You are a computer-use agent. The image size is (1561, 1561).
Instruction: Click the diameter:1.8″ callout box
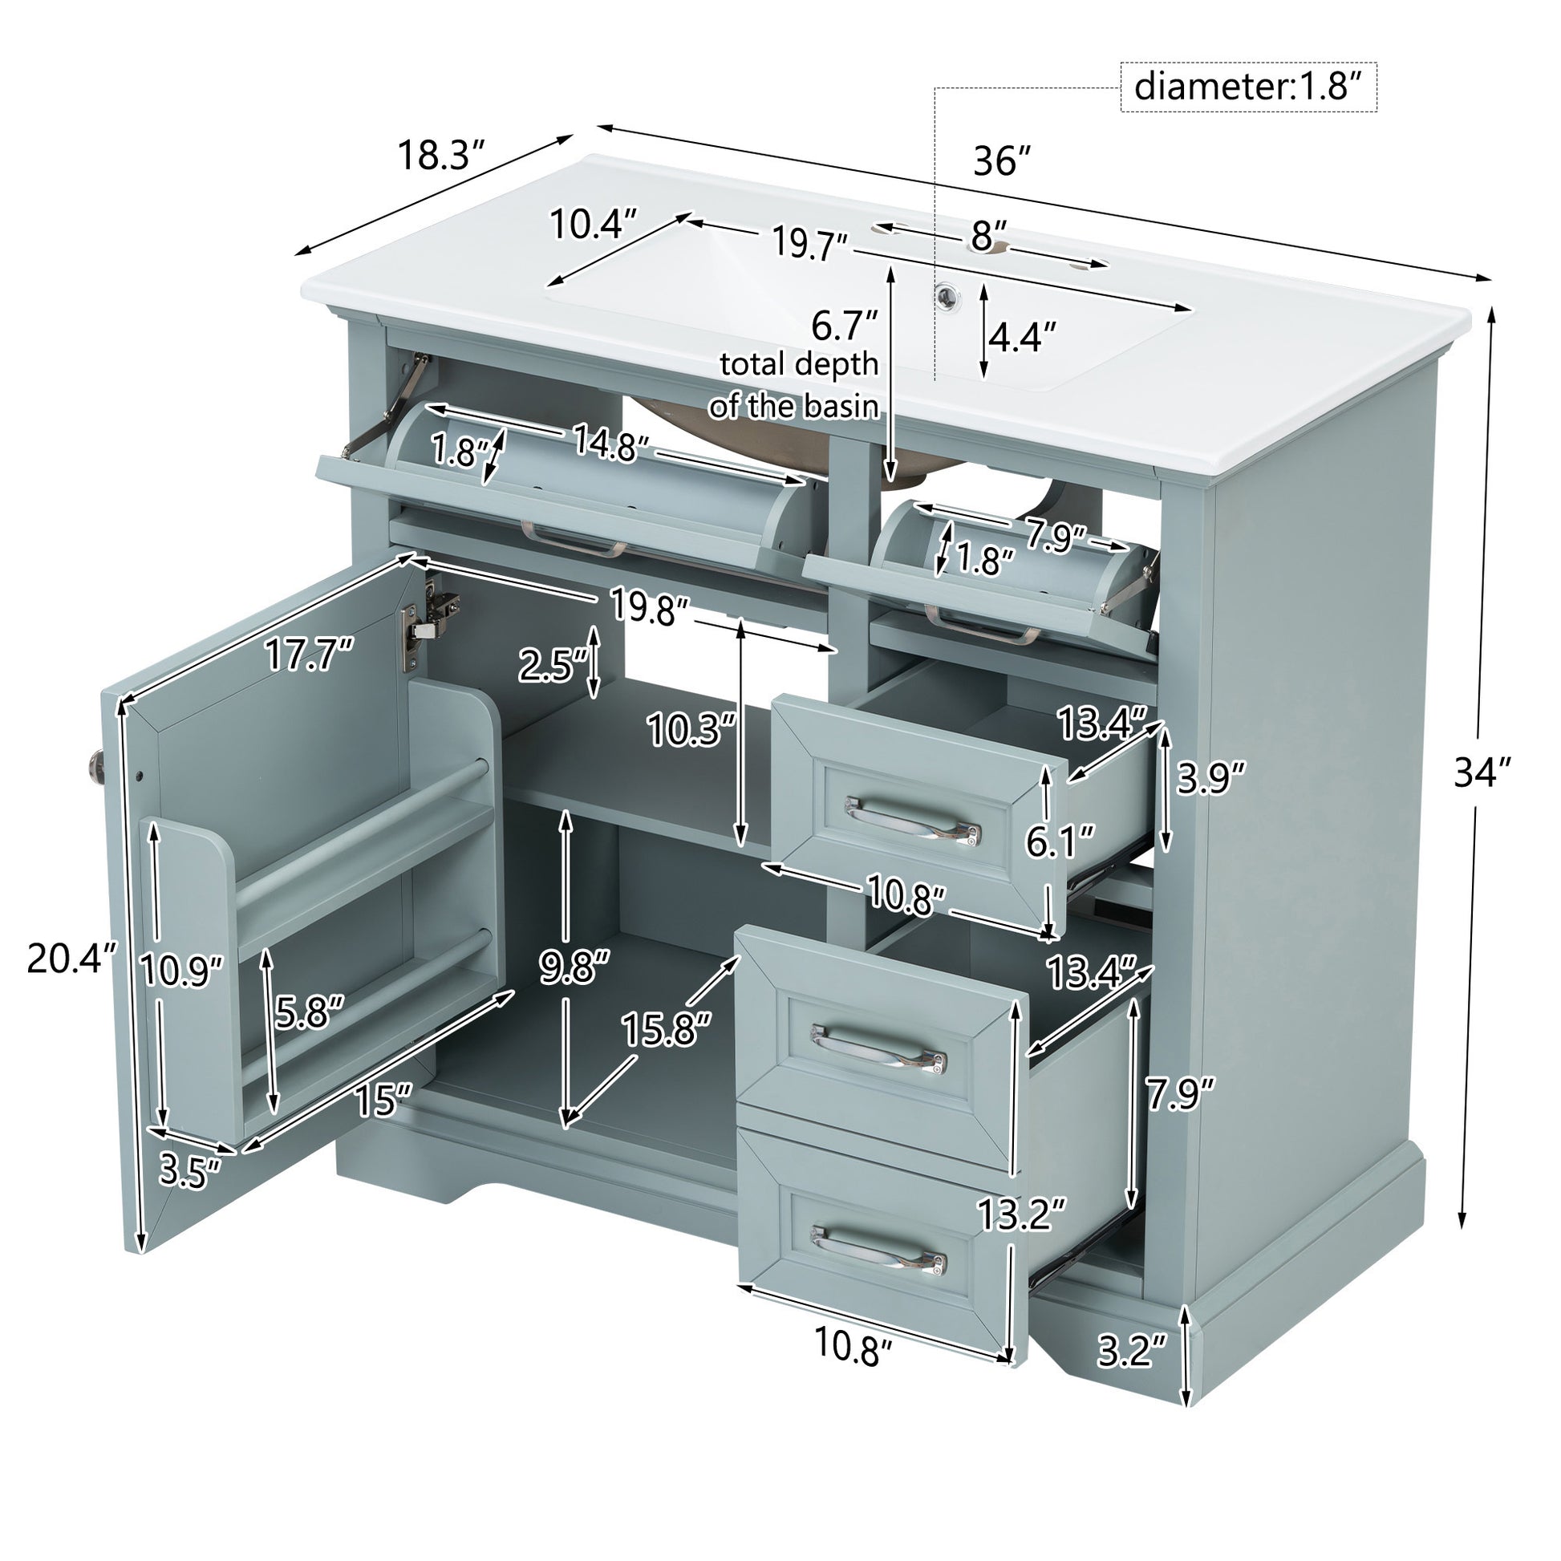[x=1248, y=87]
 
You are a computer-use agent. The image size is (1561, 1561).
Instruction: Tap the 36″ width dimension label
[x=1003, y=160]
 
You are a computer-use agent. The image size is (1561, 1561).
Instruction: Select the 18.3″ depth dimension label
[x=440, y=155]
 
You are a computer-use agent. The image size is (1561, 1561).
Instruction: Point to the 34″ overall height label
[x=1482, y=773]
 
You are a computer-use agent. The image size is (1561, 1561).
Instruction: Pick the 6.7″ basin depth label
[x=845, y=326]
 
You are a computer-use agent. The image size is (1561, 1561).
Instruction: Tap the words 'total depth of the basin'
[x=794, y=384]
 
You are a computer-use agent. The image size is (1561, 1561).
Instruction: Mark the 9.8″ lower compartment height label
[x=574, y=967]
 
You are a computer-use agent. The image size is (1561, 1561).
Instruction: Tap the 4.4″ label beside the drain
[x=1022, y=337]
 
